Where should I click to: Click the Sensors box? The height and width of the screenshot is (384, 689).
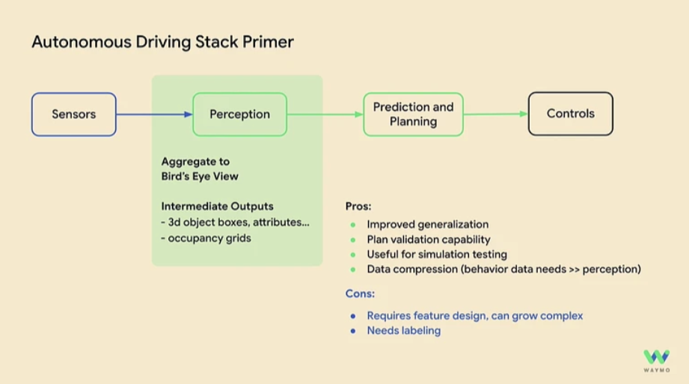pyautogui.click(x=73, y=115)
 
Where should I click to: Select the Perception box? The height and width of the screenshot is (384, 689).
pyautogui.click(x=239, y=115)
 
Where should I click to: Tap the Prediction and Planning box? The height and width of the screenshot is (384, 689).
pyautogui.click(x=413, y=115)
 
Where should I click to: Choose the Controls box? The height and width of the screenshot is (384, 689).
pyautogui.click(x=570, y=114)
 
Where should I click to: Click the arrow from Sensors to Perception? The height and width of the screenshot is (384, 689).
pyautogui.click(x=154, y=115)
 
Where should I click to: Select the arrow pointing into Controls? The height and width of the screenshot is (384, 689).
pyautogui.click(x=495, y=115)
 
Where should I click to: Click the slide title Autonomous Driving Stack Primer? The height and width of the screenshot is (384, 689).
pyautogui.click(x=162, y=42)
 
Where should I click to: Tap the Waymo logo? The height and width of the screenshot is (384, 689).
pyautogui.click(x=656, y=358)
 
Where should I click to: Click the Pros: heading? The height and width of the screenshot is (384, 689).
pyautogui.click(x=358, y=206)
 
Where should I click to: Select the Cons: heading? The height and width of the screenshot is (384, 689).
pyautogui.click(x=360, y=294)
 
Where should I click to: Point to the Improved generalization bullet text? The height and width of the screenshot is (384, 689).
pyautogui.click(x=427, y=225)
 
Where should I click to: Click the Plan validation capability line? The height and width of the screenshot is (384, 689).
pyautogui.click(x=428, y=240)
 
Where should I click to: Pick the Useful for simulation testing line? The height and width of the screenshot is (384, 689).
pyautogui.click(x=437, y=255)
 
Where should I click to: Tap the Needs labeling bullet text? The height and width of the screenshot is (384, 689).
pyautogui.click(x=403, y=330)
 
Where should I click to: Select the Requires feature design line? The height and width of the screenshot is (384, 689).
pyautogui.click(x=474, y=315)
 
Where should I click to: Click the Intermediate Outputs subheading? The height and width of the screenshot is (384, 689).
pyautogui.click(x=218, y=206)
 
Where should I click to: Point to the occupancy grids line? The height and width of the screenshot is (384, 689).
pyautogui.click(x=206, y=238)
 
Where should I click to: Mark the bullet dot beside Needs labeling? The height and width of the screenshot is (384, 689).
pyautogui.click(x=352, y=330)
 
